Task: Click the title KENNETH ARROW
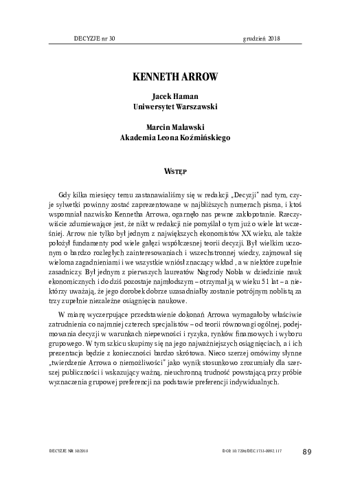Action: (179, 73)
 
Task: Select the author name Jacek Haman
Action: (179, 97)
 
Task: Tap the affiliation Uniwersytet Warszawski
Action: (179, 107)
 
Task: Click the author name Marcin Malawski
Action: (179, 126)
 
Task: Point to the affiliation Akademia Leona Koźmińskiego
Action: (179, 137)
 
